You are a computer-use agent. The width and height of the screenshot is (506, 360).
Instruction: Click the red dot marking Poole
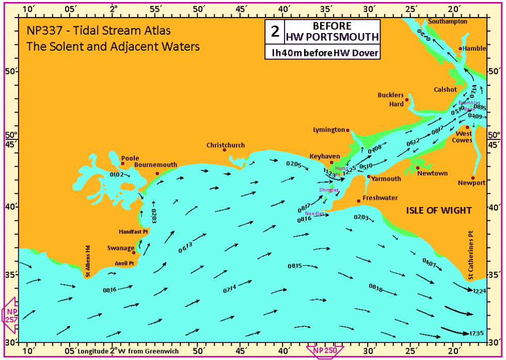123,164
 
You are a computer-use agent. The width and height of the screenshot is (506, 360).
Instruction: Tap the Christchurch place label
226,145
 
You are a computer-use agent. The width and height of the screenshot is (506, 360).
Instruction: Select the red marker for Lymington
347,130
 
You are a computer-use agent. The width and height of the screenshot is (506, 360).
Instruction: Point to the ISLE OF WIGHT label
439,210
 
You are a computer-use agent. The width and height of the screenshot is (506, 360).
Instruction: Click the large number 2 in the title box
274,32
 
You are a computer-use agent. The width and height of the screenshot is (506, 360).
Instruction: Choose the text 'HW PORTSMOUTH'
331,37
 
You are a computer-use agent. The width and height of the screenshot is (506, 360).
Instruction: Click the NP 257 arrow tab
10,314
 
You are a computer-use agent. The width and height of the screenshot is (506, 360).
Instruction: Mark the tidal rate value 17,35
478,332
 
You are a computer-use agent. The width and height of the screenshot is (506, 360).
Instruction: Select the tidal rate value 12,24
479,291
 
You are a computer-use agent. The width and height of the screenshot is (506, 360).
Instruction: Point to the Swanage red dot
134,253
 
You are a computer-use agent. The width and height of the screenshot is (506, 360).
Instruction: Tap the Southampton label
447,22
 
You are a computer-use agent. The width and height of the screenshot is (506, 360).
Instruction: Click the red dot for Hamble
461,49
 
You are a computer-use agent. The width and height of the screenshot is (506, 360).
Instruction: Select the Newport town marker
473,178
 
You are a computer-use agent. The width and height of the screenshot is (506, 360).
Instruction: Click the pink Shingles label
329,190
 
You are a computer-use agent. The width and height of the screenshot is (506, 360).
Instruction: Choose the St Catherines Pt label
471,255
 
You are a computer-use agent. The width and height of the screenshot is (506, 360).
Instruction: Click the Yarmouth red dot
369,177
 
